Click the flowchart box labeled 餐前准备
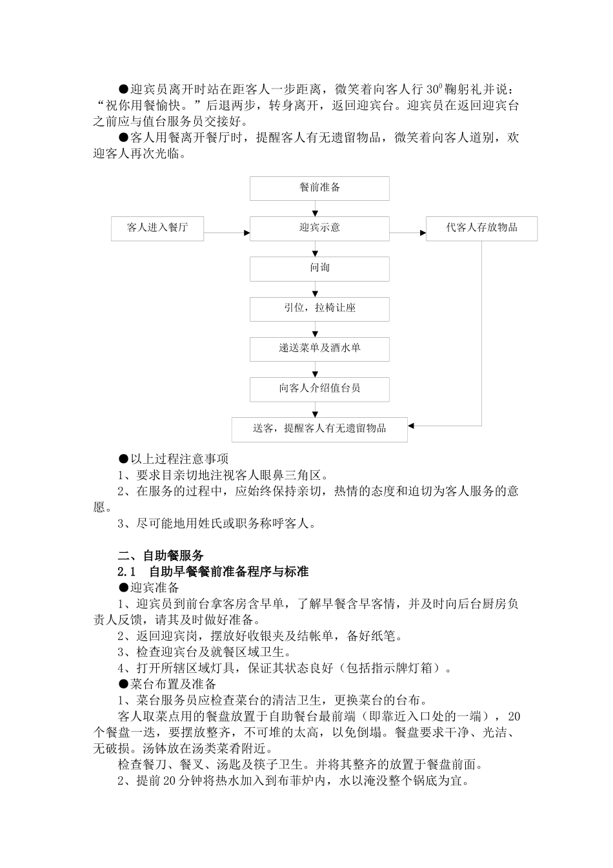tap(319, 188)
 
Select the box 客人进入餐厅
tap(157, 229)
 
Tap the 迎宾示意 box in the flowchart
tap(319, 229)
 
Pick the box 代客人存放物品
tap(481, 229)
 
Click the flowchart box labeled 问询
tap(319, 269)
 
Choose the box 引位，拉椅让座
tap(319, 309)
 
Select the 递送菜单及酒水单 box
tap(319, 349)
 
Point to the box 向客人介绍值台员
tap(319, 389)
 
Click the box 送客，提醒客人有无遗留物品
tap(319, 429)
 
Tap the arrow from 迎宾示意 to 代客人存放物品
tap(407, 232)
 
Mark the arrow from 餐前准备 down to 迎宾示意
tap(316, 209)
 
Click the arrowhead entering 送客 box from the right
tap(412, 426)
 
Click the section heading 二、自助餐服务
tap(161, 555)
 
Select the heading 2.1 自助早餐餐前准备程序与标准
tap(213, 572)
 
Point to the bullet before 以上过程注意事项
tap(123, 459)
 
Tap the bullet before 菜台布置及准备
tap(123, 684)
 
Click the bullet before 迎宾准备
tap(123, 588)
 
